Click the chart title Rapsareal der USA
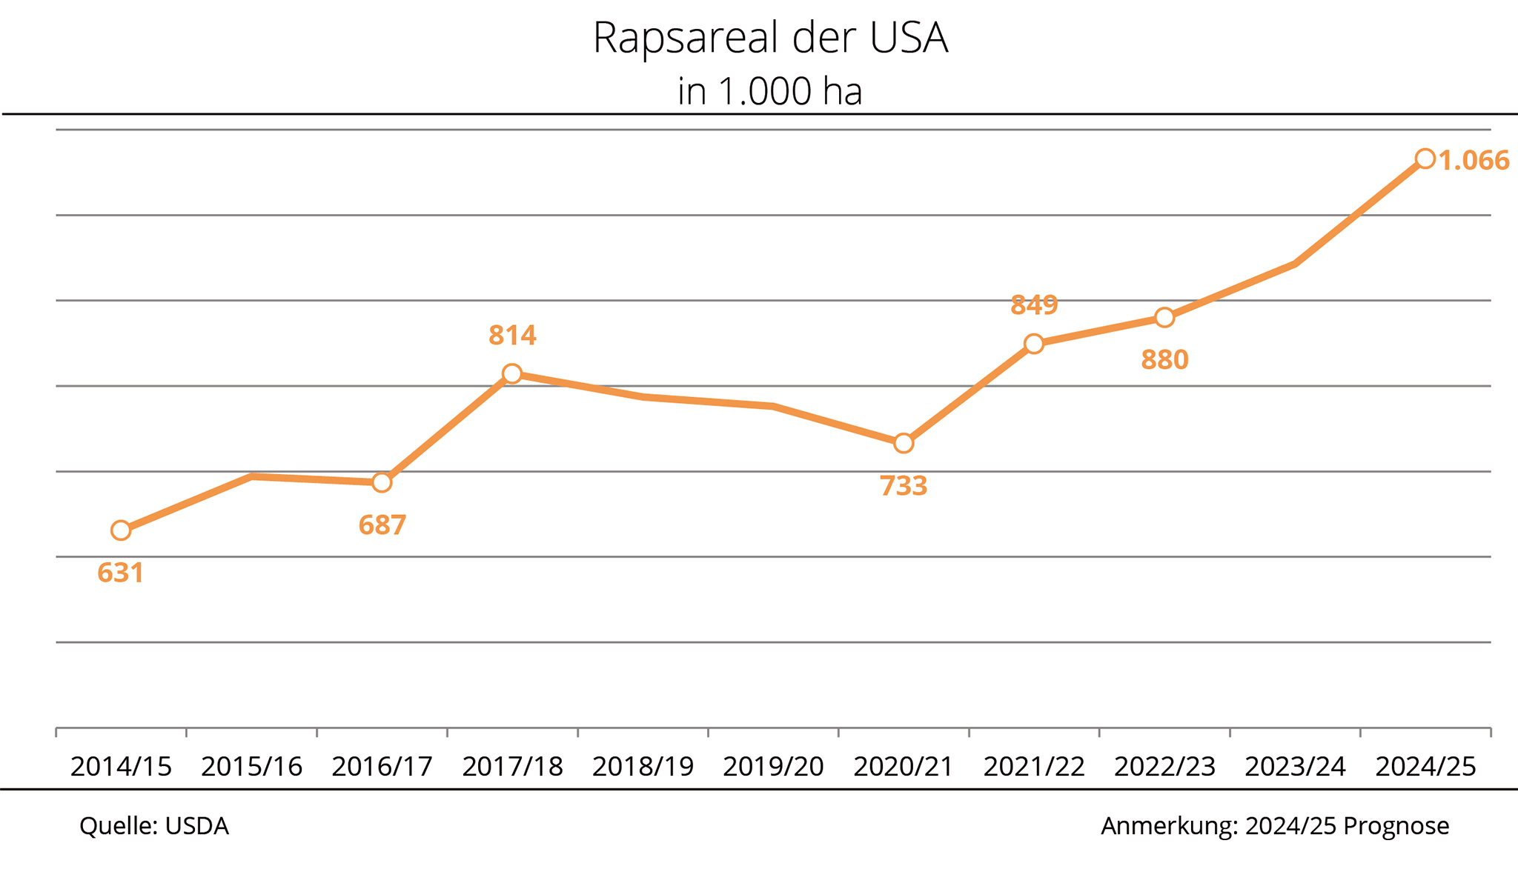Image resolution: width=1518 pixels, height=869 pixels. (770, 39)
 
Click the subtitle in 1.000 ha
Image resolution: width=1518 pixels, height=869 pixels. (770, 92)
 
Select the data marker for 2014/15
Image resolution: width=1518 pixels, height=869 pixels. (121, 530)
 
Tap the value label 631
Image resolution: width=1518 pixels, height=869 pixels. (121, 573)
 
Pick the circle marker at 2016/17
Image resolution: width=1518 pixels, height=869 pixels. (382, 482)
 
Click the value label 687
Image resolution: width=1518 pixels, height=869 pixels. (382, 525)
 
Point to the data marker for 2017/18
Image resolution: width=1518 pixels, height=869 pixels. (512, 373)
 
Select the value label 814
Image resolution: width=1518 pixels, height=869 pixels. (512, 336)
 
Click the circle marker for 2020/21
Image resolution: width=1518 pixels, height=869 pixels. (904, 443)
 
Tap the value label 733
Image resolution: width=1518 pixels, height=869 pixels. (904, 486)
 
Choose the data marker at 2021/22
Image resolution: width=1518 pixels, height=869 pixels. (1034, 344)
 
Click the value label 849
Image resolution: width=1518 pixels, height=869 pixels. (1034, 304)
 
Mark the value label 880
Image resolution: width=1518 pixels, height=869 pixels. (1164, 360)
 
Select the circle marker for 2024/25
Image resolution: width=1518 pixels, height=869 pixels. (1425, 159)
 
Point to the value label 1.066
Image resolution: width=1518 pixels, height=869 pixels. (1474, 161)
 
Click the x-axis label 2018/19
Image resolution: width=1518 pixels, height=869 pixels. (643, 767)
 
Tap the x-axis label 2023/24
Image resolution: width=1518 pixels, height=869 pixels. (1295, 767)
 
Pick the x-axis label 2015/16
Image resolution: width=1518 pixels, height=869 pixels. (251, 767)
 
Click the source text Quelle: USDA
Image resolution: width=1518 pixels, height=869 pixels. (154, 826)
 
